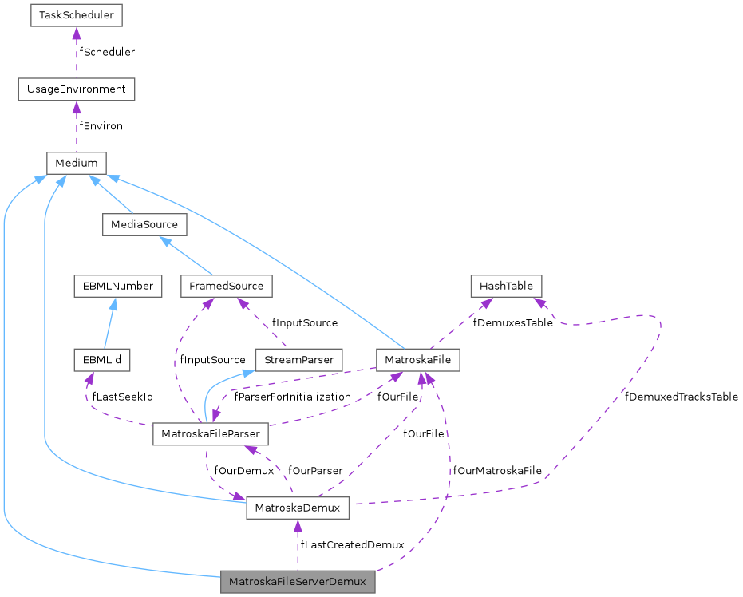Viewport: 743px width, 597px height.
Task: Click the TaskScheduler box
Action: pyautogui.click(x=76, y=15)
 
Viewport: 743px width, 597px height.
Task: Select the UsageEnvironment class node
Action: pyautogui.click(x=76, y=89)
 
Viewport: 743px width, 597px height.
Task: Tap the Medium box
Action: pyautogui.click(x=76, y=163)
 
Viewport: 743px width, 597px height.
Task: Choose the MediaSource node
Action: pyautogui.click(x=144, y=224)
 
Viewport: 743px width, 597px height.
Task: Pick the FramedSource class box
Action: pyautogui.click(x=227, y=286)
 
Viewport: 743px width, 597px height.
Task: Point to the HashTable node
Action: pyautogui.click(x=506, y=286)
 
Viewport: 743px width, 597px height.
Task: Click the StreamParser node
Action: pyautogui.click(x=298, y=360)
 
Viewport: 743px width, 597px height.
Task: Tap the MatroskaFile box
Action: pyautogui.click(x=417, y=360)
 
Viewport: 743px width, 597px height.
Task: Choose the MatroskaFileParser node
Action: pyautogui.click(x=210, y=434)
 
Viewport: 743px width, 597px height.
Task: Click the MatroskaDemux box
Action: pyautogui.click(x=298, y=508)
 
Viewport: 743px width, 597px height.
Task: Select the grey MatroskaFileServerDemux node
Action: pyautogui.click(x=298, y=582)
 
